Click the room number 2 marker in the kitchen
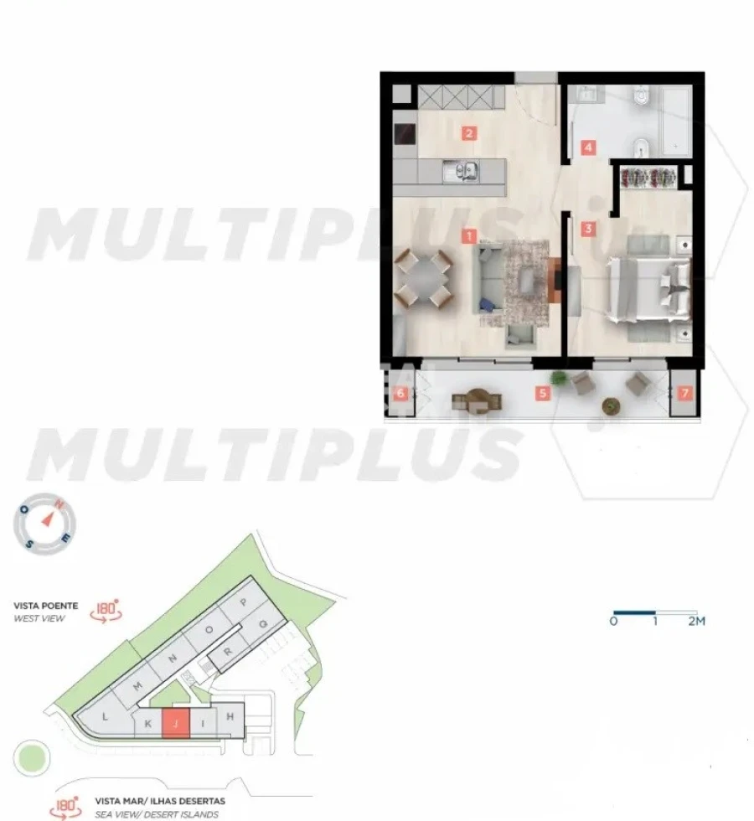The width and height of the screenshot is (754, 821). click(469, 132)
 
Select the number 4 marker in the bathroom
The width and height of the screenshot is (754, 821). click(589, 148)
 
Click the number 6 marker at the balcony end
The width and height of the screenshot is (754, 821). click(401, 393)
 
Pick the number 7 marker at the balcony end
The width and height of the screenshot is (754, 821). click(685, 393)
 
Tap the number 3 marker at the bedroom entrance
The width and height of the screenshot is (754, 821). click(589, 227)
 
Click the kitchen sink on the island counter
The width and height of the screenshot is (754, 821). click(462, 172)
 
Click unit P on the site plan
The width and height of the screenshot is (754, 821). click(244, 602)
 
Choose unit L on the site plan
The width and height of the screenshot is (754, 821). click(105, 717)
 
